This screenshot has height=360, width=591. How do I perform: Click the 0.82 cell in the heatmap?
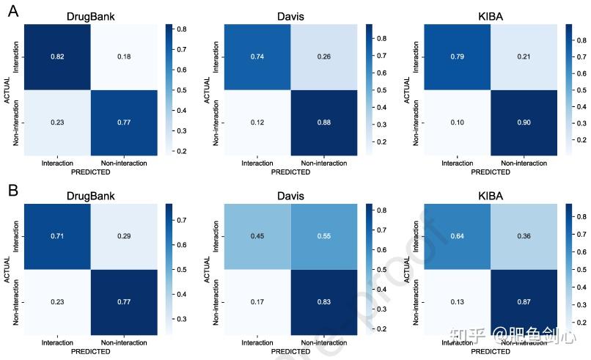pyautogui.click(x=56, y=56)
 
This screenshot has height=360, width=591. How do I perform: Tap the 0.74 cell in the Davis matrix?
pyautogui.click(x=257, y=56)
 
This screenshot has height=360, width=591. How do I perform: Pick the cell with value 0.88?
pyautogui.click(x=322, y=122)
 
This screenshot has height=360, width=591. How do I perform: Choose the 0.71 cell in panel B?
pyautogui.click(x=56, y=237)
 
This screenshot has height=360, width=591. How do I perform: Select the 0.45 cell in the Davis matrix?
pyautogui.click(x=257, y=237)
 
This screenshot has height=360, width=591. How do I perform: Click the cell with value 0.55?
pyautogui.click(x=322, y=237)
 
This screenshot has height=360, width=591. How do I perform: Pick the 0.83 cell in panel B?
pyautogui.click(x=322, y=301)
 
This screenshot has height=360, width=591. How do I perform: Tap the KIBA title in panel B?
pyautogui.click(x=491, y=196)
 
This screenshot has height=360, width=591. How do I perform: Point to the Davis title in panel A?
pyautogui.click(x=290, y=15)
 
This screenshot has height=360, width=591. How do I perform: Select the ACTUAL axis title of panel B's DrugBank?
pyautogui.click(x=7, y=269)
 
